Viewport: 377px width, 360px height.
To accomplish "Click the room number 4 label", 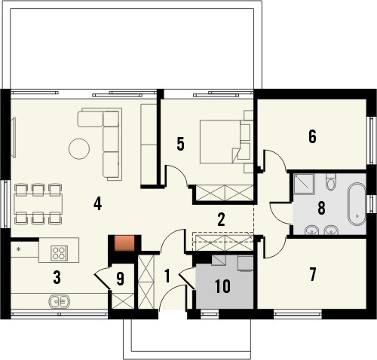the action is (x=97, y=203).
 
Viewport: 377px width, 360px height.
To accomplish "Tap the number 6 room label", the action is (x=312, y=136).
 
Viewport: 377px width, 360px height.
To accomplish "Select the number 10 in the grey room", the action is (x=223, y=286).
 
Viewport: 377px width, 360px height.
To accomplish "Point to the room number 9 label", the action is (x=121, y=279).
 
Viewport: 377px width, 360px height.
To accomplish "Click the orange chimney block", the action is (x=124, y=243).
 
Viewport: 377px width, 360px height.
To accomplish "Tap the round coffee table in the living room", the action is (x=79, y=148).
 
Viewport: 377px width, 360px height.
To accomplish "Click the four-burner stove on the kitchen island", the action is (x=59, y=252).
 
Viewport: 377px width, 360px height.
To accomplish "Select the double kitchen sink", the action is (x=60, y=301).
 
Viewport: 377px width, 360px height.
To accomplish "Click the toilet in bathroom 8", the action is (x=330, y=182).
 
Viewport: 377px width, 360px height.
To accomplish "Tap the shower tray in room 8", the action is (x=305, y=184).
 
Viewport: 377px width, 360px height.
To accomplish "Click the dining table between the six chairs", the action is (x=38, y=203).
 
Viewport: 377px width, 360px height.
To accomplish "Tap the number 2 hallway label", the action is (x=221, y=220).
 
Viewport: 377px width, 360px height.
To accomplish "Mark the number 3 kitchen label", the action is (x=57, y=278).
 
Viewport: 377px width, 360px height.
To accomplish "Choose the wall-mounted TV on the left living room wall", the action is (x=14, y=138).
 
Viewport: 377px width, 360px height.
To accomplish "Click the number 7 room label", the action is (x=312, y=274).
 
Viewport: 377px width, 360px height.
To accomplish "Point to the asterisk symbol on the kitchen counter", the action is (x=18, y=249).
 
